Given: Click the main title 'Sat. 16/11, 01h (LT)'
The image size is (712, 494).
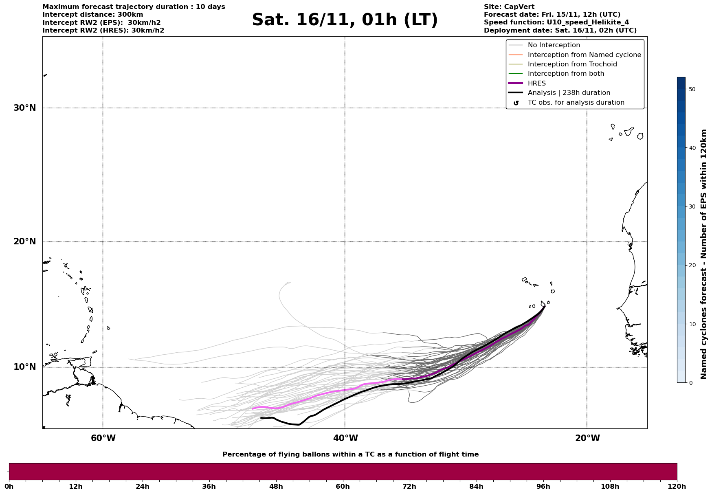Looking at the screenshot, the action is pyautogui.click(x=345, y=20).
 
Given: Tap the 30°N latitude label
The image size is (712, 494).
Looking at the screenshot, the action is pyautogui.click(x=25, y=108).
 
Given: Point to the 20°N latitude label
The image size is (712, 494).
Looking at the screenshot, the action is pyautogui.click(x=25, y=242).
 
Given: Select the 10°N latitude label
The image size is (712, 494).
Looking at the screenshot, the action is pyautogui.click(x=25, y=367).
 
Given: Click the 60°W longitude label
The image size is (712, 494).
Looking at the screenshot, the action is pyautogui.click(x=103, y=438).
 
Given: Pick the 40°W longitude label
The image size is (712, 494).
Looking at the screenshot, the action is pyautogui.click(x=345, y=438).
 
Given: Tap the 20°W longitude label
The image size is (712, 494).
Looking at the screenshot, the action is pyautogui.click(x=587, y=438).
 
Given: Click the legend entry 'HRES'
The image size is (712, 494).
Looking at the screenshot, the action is pyautogui.click(x=536, y=83).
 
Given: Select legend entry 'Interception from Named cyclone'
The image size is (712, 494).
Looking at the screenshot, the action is pyautogui.click(x=585, y=55).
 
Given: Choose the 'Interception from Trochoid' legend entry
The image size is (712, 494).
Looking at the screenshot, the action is pyautogui.click(x=572, y=64).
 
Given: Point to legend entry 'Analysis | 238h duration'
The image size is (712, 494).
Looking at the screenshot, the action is pyautogui.click(x=569, y=93).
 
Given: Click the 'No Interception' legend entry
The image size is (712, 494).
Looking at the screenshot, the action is pyautogui.click(x=554, y=45).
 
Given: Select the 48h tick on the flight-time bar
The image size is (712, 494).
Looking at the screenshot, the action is pyautogui.click(x=276, y=486).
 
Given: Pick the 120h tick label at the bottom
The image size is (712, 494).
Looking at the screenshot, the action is pyautogui.click(x=677, y=486).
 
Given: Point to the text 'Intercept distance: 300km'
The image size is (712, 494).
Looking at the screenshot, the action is pyautogui.click(x=93, y=15).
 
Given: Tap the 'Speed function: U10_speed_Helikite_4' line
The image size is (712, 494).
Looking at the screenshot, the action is pyautogui.click(x=556, y=22).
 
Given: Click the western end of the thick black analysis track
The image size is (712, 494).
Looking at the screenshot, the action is pyautogui.click(x=261, y=418).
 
